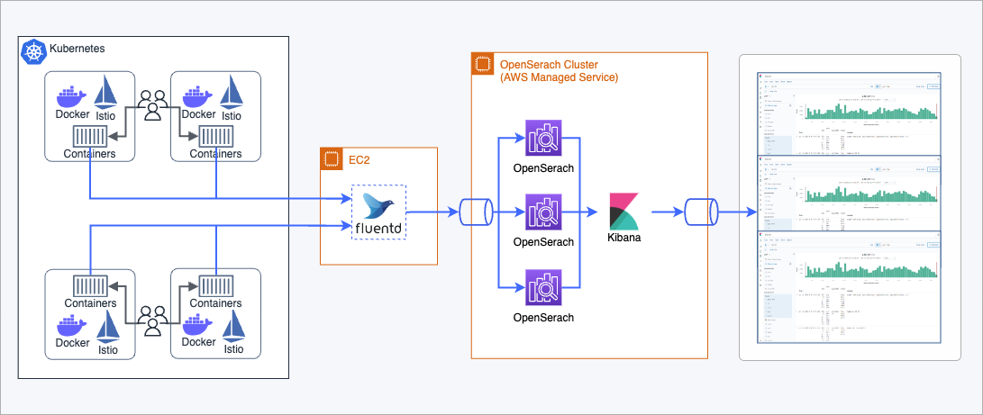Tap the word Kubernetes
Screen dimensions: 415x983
(x=77, y=49)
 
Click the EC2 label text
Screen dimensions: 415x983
(x=360, y=162)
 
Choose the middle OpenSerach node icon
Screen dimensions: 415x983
(x=543, y=213)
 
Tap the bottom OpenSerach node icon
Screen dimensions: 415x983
(x=543, y=288)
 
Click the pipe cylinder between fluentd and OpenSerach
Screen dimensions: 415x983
(x=474, y=213)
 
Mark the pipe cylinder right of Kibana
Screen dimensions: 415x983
(x=699, y=213)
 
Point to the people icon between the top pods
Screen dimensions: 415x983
(x=154, y=104)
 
